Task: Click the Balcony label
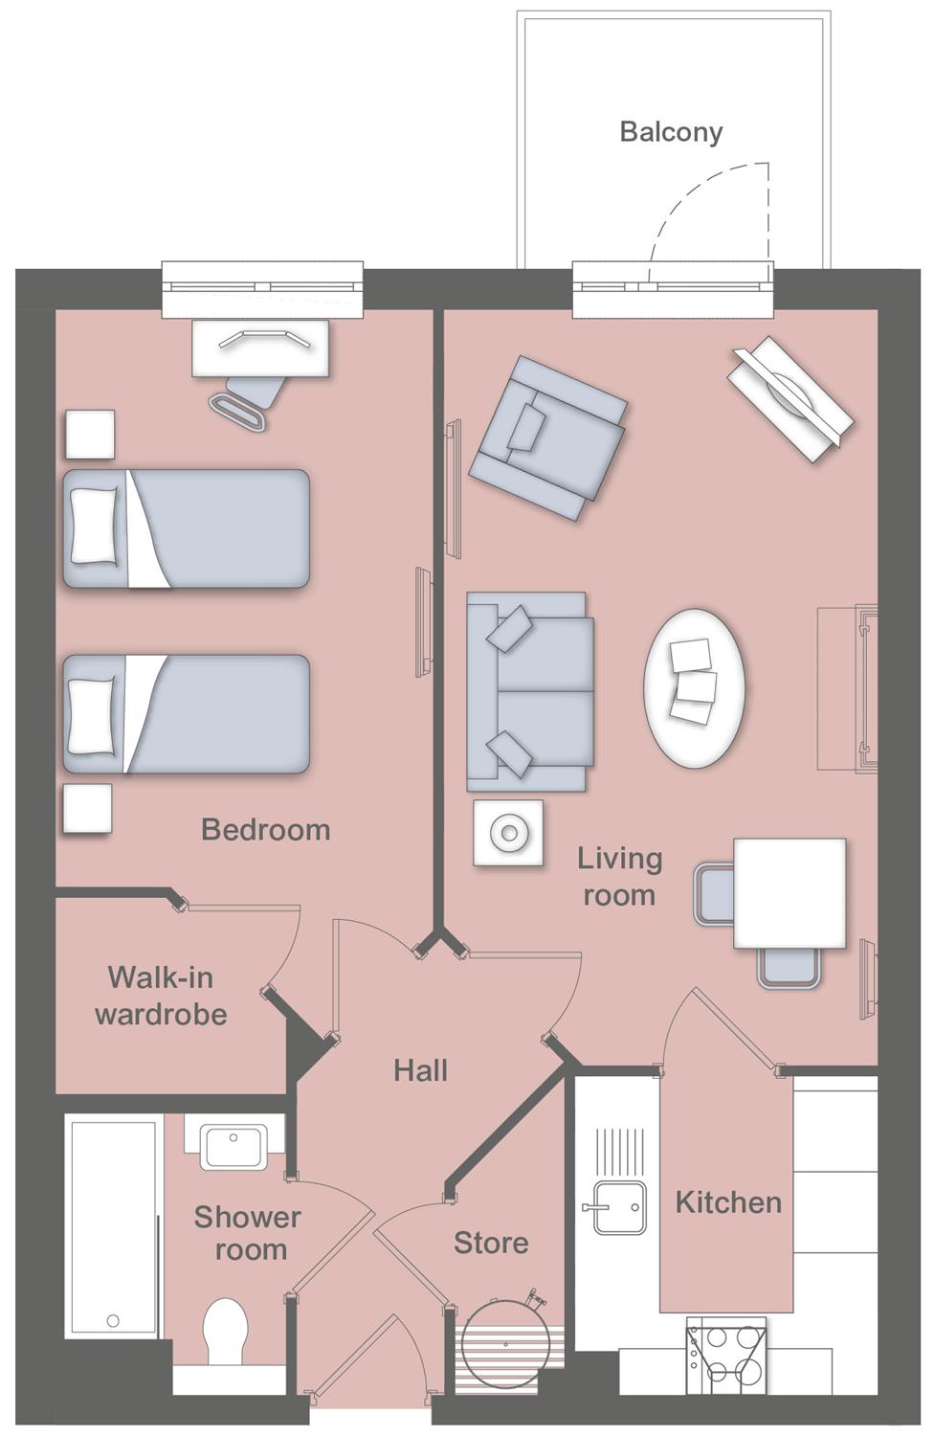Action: point(671,132)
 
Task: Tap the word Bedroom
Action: point(265,830)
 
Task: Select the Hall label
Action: point(420,1070)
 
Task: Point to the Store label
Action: point(491,1243)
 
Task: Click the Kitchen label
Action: point(728,1202)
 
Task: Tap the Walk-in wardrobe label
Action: point(161,996)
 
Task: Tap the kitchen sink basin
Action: point(618,1208)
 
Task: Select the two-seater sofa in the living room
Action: point(529,691)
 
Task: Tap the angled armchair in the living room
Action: point(548,438)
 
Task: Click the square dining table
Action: point(789,892)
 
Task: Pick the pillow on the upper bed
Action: point(94,527)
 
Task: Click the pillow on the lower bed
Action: point(92,715)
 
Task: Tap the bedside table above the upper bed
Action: point(90,434)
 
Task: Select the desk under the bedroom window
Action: point(260,348)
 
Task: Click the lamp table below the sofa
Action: point(508,833)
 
